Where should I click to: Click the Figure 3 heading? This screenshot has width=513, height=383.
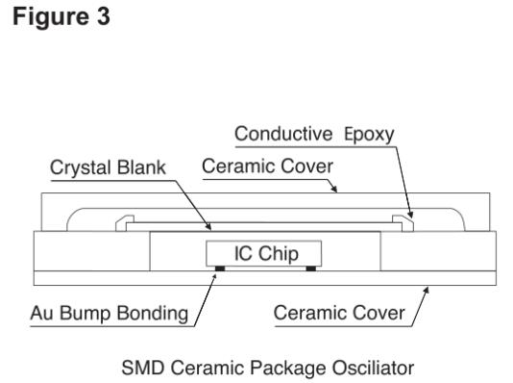[x=61, y=16]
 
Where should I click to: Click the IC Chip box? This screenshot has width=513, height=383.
[x=263, y=253]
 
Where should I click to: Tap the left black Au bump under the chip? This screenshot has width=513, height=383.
[x=220, y=268]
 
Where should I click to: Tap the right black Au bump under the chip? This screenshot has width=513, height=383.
[x=311, y=268]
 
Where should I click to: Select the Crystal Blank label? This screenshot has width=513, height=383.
[x=108, y=167]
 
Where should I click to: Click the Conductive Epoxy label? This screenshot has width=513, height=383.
[x=314, y=135]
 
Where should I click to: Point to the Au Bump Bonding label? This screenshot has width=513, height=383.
[x=110, y=313]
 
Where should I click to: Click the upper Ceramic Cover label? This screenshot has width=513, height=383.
[x=267, y=166]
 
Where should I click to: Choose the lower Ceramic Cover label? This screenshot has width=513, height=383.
[x=339, y=313]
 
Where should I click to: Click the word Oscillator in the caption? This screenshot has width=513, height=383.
[x=374, y=368]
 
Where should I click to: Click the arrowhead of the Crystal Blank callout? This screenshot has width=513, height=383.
[x=208, y=226]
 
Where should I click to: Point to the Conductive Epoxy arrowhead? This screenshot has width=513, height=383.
[x=410, y=215]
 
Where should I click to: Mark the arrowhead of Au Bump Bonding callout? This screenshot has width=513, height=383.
[x=214, y=278]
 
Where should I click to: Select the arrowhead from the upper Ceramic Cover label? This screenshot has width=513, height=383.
[x=333, y=188]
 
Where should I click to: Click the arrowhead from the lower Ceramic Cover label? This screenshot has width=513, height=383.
[x=426, y=292]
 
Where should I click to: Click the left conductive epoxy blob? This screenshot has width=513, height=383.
[x=125, y=223]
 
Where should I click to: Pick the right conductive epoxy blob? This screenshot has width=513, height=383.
[x=403, y=223]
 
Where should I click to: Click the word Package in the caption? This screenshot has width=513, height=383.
[x=288, y=369]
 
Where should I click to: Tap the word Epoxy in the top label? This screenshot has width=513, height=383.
[x=369, y=135]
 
